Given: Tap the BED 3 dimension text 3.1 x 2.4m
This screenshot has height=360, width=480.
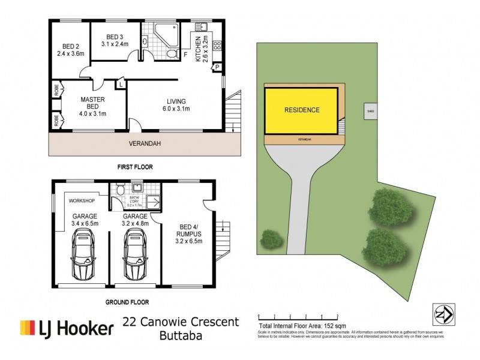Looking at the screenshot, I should pos(114,43).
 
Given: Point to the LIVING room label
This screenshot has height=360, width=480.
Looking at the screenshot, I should pos(176,101).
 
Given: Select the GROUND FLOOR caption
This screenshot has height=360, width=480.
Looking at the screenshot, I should pos(127,302).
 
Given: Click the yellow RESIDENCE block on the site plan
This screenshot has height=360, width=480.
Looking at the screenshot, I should pos(302,110).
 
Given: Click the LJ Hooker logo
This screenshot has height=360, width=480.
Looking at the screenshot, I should pos(67,328).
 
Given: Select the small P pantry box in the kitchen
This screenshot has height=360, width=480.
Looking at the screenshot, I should pos(217,67).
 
